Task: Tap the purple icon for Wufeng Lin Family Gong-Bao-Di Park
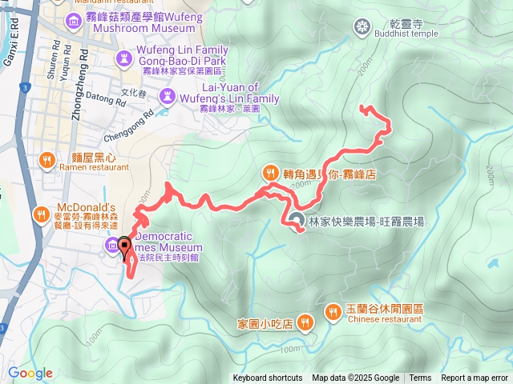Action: click(x=124, y=58)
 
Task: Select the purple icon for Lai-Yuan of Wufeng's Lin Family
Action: click(x=168, y=97)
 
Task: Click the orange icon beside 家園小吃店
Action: click(x=305, y=322)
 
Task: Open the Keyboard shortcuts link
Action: click(x=268, y=378)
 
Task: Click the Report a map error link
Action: click(x=475, y=378)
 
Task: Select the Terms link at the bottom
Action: click(x=420, y=378)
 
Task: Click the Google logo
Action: click(x=30, y=373)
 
